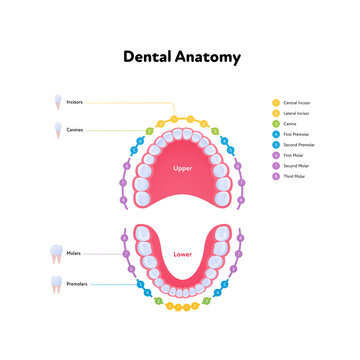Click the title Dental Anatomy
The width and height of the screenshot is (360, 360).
coord(180,57)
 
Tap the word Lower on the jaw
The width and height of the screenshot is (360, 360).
coord(182,254)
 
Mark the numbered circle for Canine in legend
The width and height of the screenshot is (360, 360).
coord(275,124)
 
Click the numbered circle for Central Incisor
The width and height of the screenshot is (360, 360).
coord(275,102)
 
